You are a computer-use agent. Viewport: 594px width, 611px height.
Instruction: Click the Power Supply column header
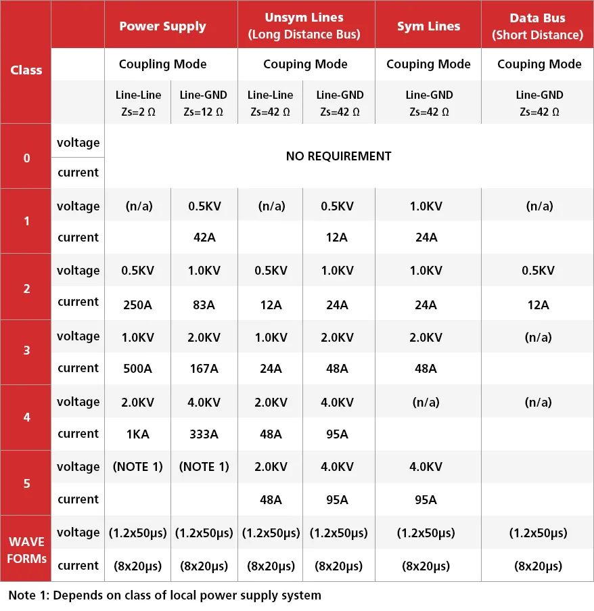[162, 26]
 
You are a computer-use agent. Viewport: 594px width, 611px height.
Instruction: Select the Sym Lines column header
[428, 26]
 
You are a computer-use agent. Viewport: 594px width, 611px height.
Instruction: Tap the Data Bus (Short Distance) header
[537, 26]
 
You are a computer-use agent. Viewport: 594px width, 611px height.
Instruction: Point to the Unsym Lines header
[304, 26]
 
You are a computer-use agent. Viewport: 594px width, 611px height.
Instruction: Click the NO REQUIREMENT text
[338, 156]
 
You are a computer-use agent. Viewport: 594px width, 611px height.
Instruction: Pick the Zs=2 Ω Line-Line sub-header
[137, 103]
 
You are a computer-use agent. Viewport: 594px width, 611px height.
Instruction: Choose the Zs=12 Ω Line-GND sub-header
[204, 103]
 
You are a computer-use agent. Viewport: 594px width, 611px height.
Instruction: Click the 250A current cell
[137, 304]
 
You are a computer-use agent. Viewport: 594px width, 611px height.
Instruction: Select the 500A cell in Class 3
[137, 369]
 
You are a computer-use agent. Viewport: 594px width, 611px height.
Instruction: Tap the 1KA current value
[137, 434]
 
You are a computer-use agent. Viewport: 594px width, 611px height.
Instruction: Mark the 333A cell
[204, 434]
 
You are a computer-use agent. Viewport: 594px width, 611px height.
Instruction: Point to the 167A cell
[204, 369]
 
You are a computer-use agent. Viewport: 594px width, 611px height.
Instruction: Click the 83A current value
[204, 304]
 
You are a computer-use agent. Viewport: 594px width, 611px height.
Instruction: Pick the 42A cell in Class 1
[204, 237]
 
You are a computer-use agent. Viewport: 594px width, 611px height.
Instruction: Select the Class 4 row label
[26, 417]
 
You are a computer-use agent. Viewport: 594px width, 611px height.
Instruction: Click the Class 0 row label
[26, 158]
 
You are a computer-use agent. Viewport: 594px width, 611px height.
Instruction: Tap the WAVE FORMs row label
[26, 549]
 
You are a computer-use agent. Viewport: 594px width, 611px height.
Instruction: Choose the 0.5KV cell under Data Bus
[539, 271]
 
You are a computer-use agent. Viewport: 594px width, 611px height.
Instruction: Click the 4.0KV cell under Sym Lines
[426, 467]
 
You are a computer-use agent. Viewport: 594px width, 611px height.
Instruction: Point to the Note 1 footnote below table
[164, 595]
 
